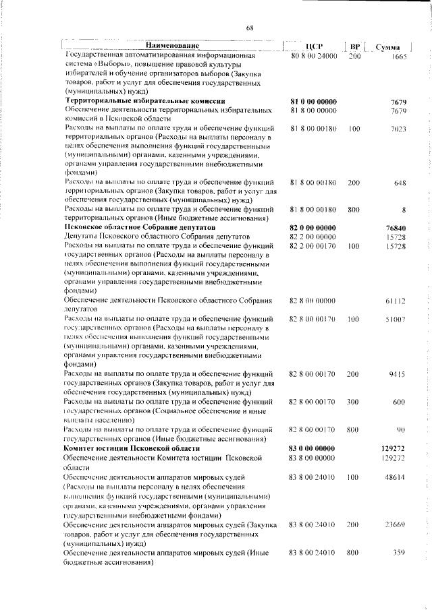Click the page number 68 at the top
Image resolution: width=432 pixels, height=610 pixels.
(249, 28)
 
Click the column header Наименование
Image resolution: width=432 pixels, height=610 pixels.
(171, 47)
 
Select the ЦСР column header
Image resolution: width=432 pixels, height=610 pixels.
(313, 47)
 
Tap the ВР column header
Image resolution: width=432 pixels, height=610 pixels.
(354, 47)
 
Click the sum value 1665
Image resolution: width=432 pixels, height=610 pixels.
(398, 56)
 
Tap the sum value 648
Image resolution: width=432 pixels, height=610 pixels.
(399, 183)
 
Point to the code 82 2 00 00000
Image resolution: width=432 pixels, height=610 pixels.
(313, 238)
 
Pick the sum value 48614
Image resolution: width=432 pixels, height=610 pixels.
(394, 477)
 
